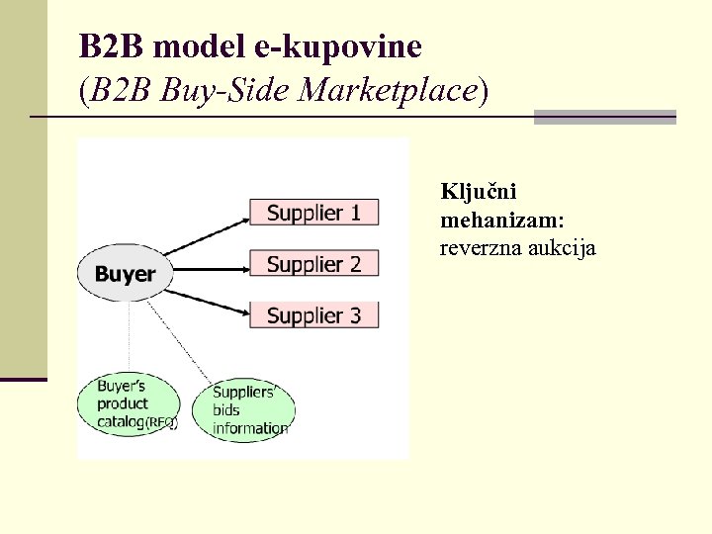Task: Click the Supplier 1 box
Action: click(x=313, y=213)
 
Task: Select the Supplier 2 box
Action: click(x=313, y=264)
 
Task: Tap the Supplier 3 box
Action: click(x=313, y=315)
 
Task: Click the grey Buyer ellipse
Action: click(x=125, y=273)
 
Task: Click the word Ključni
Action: click(x=479, y=192)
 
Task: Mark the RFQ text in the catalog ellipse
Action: click(x=162, y=423)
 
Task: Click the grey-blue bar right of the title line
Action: click(x=604, y=117)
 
